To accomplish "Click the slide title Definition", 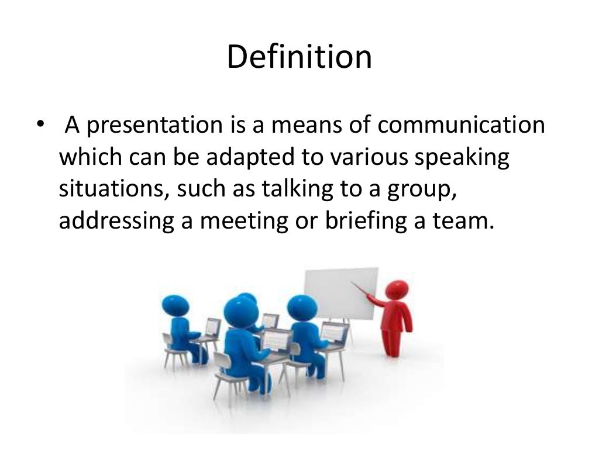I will coord(299,58).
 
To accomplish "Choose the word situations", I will coord(111,190).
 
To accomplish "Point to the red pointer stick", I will coord(366,290).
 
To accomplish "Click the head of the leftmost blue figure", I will coord(175,304).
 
